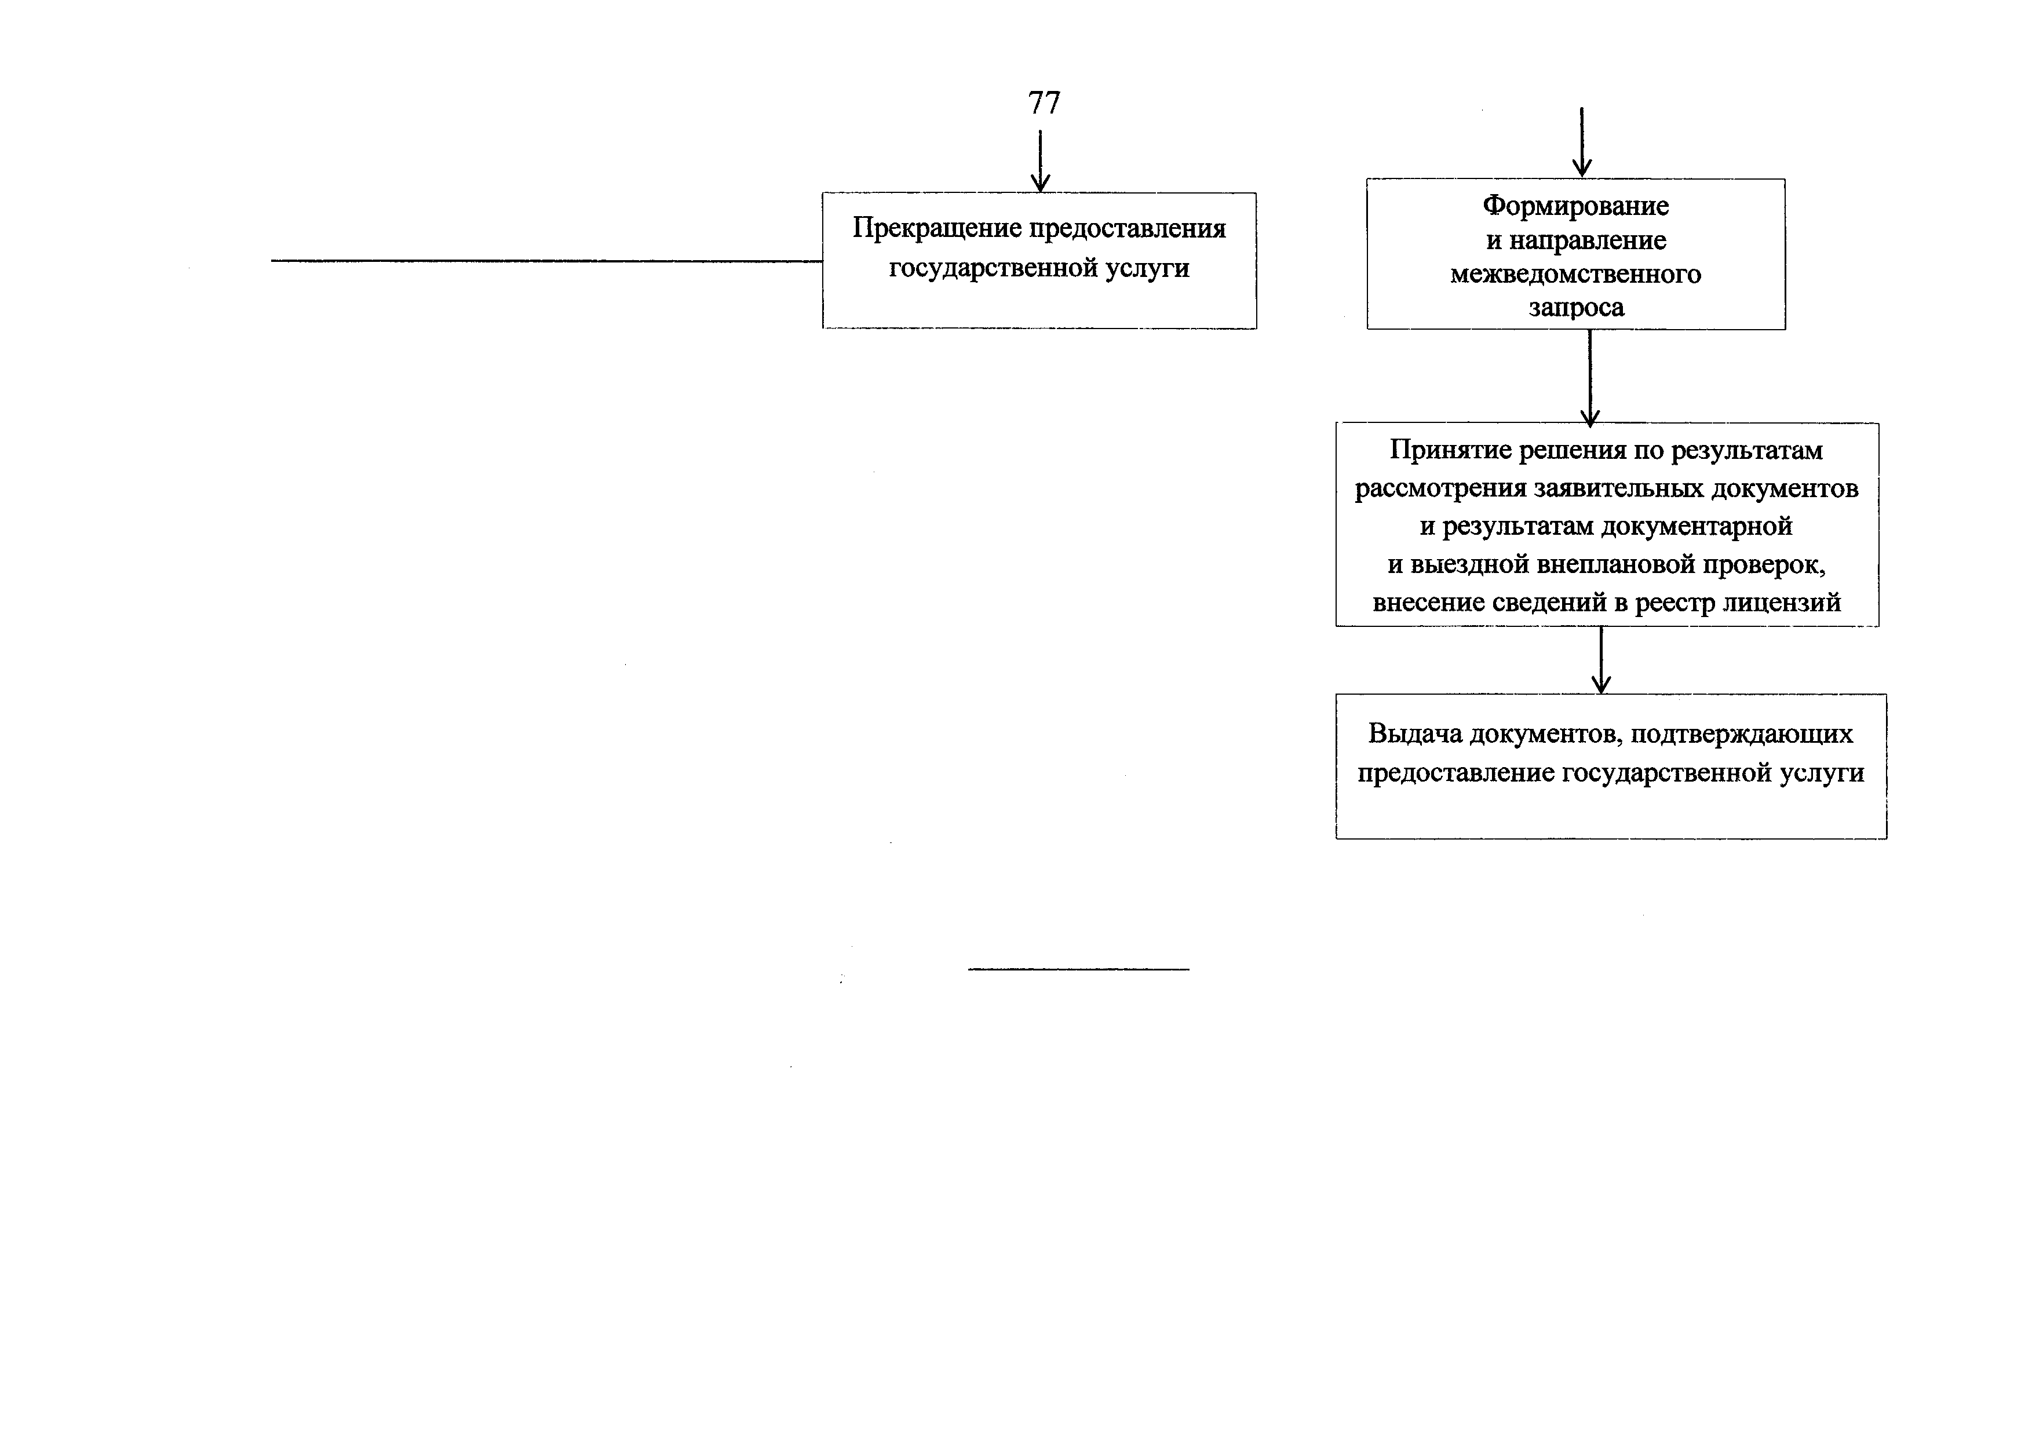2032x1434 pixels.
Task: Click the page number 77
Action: point(1044,103)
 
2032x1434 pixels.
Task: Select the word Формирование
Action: point(1575,206)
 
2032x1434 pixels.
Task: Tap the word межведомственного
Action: point(1575,275)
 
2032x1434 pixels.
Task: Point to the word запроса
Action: point(1576,308)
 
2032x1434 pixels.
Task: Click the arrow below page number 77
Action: point(1040,161)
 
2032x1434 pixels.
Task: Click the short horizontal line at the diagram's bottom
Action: point(1079,969)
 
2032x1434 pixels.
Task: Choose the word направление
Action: point(1588,241)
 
